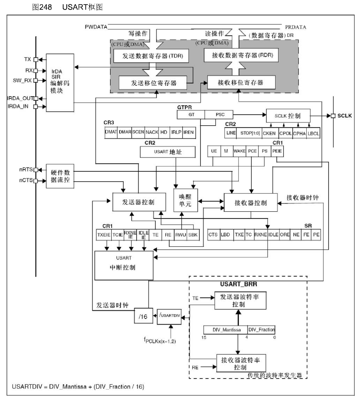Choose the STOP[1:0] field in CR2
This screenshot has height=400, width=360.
pos(249,132)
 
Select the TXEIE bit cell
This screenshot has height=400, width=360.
pos(103,235)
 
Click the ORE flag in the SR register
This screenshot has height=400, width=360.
pos(285,235)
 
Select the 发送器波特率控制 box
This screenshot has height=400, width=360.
pos(239,300)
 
